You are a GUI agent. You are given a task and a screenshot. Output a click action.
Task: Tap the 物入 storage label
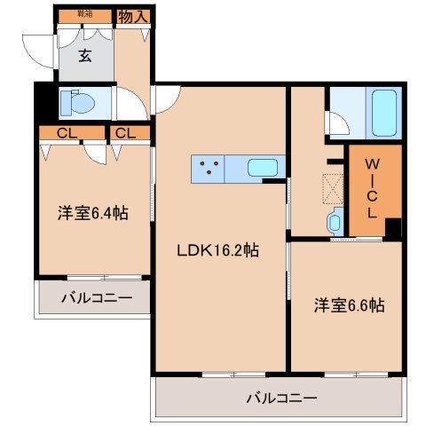tap(133, 16)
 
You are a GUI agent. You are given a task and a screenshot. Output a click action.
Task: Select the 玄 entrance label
tap(85, 57)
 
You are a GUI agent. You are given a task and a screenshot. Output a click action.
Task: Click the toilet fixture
tap(77, 104)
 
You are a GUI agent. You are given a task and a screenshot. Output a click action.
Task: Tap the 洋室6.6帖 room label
tap(349, 304)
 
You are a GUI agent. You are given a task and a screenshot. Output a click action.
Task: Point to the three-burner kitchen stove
tap(208, 166)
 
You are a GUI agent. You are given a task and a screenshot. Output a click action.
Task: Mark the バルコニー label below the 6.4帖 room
tap(95, 297)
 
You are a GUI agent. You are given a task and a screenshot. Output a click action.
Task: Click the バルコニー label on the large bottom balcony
tap(281, 398)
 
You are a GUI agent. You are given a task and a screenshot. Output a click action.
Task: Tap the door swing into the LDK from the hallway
tap(166, 99)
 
